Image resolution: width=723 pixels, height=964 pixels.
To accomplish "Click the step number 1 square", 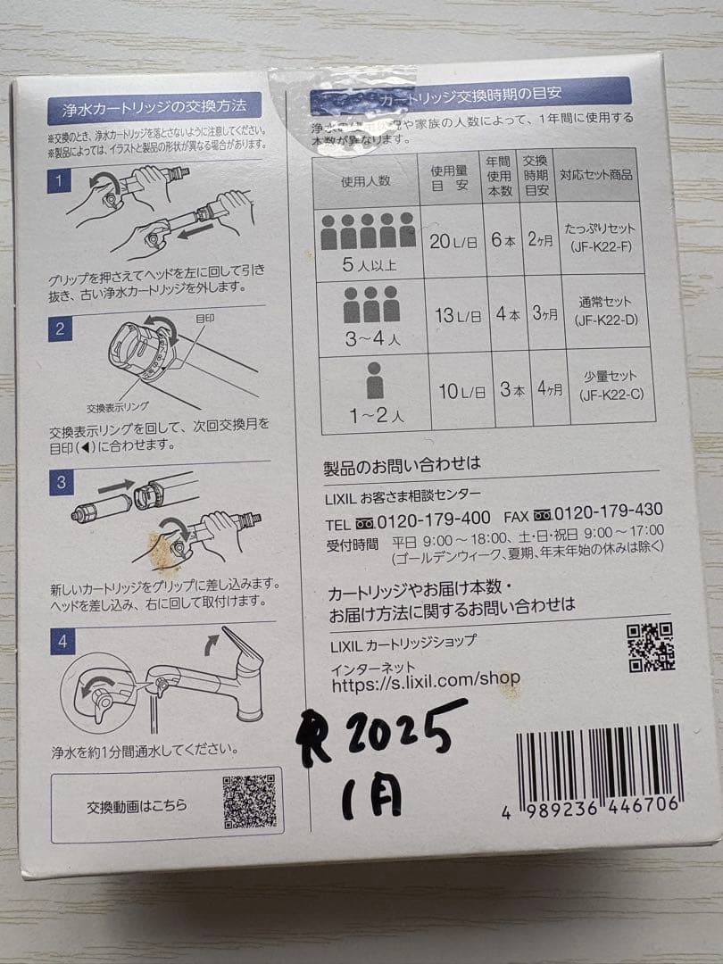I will pyautogui.click(x=59, y=183).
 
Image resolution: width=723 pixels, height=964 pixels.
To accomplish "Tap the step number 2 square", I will pyautogui.click(x=60, y=328).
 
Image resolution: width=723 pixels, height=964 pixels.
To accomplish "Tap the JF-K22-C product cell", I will pyautogui.click(x=608, y=386).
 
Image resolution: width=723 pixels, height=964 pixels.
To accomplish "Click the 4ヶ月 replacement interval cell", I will pyautogui.click(x=544, y=390).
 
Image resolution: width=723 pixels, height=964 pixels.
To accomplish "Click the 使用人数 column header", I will pyautogui.click(x=365, y=180).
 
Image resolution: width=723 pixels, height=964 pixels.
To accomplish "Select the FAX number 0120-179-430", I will pyautogui.click(x=608, y=511).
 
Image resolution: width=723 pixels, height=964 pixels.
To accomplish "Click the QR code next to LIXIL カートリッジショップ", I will pyautogui.click(x=649, y=646).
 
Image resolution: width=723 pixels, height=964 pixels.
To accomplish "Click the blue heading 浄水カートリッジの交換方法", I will pyautogui.click(x=155, y=108).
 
